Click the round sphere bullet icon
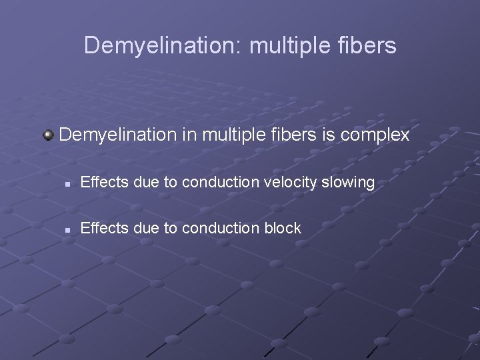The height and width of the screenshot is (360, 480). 48,135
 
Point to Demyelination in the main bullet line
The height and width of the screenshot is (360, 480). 118,135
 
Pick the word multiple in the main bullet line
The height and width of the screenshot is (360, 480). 231,135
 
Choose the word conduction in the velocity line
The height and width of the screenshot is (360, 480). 215,182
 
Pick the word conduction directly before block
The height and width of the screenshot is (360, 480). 215,228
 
